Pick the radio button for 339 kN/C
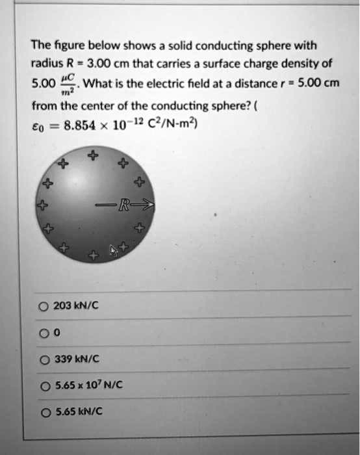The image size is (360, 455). [43, 359]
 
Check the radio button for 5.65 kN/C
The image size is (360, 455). [43, 411]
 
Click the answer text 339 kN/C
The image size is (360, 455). [75, 359]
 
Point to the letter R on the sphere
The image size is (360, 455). [123, 207]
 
